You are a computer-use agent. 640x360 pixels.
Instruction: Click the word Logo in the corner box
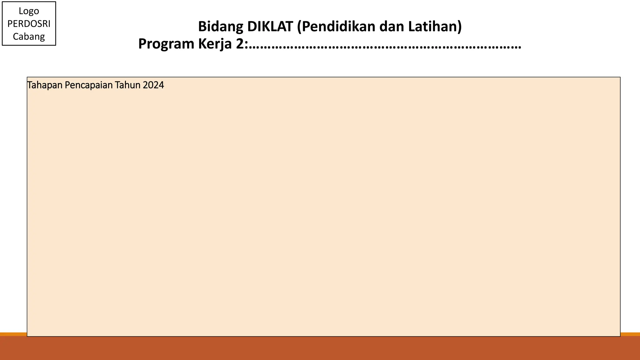coord(29,11)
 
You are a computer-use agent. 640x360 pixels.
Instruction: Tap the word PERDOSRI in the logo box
coord(29,24)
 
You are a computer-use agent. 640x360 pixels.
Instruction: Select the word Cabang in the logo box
coord(29,37)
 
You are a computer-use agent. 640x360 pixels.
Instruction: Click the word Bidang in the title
coord(220,27)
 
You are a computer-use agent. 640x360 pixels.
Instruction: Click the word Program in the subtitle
coord(166,44)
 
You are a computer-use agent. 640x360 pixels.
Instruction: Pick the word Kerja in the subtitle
coord(215,44)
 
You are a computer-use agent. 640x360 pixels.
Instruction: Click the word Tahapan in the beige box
coord(45,85)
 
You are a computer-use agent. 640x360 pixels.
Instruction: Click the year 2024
coord(153,85)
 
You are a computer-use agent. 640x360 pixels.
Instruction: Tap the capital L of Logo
coord(21,11)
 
